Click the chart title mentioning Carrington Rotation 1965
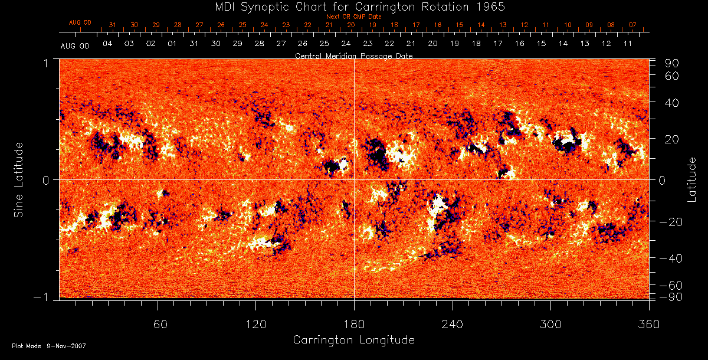click(353, 6)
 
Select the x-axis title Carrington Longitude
click(353, 340)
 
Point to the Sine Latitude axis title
click(19, 179)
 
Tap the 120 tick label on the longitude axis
click(256, 325)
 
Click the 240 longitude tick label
click(453, 325)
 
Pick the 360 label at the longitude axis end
click(649, 325)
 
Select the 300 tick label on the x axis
click(550, 325)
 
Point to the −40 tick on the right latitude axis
click(671, 258)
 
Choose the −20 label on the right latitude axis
click(671, 221)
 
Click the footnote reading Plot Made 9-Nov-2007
click(49, 346)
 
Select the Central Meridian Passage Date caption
click(353, 55)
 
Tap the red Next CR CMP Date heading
click(354, 17)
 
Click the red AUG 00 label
click(80, 22)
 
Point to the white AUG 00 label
click(74, 45)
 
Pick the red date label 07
click(632, 25)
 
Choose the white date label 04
click(107, 44)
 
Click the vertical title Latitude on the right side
click(693, 179)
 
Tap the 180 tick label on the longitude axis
click(354, 325)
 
